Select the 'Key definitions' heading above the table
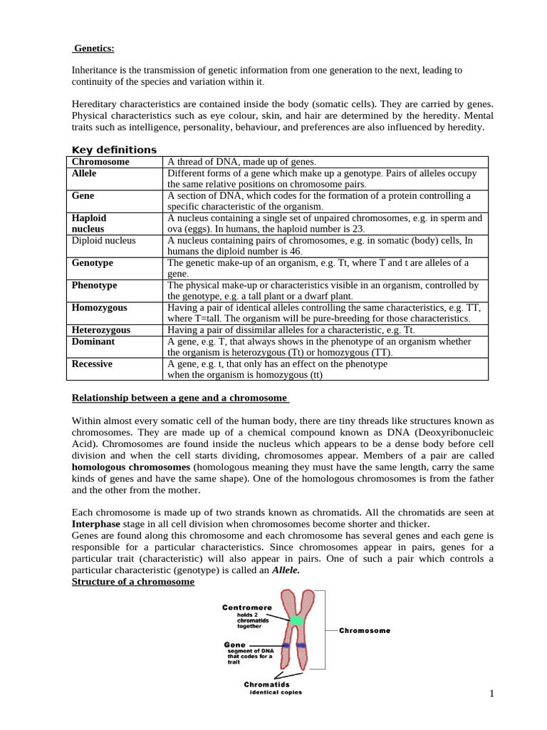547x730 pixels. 114,150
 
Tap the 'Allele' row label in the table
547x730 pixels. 84,173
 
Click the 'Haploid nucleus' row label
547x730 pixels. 89,223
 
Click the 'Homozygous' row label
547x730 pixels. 100,307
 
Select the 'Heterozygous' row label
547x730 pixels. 101,330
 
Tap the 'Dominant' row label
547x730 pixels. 93,341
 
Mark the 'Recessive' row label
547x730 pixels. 93,364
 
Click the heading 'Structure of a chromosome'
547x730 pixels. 133,582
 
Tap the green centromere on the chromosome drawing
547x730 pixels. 297,620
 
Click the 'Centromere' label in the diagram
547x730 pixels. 246,607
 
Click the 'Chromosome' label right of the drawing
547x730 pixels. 364,631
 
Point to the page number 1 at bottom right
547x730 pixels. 491,694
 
